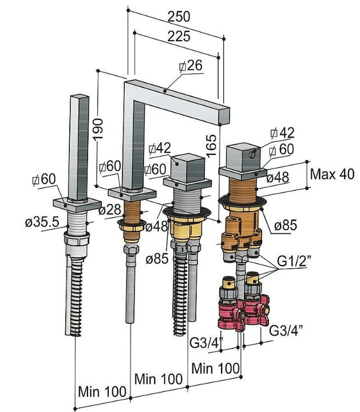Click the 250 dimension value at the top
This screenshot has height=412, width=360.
[x=179, y=17]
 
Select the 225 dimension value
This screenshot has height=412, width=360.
[x=179, y=37]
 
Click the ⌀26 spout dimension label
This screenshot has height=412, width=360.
[x=191, y=66]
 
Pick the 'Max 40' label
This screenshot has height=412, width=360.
[x=332, y=174]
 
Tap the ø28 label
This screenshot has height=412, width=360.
[x=109, y=210]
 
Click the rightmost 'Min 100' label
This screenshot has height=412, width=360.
[x=215, y=368]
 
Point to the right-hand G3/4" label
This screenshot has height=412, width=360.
[x=286, y=331]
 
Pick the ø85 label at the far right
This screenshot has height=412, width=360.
[x=285, y=225]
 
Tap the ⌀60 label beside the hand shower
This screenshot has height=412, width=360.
[x=45, y=179]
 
